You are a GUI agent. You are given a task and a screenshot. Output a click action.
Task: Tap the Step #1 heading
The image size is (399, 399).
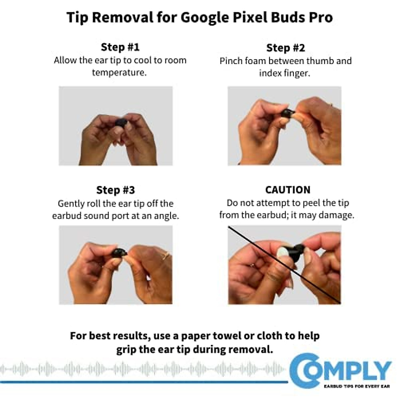coord(120,47)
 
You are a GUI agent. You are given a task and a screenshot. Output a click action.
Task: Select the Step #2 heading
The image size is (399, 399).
coord(285,48)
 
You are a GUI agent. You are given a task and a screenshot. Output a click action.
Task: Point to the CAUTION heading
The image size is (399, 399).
coord(288,190)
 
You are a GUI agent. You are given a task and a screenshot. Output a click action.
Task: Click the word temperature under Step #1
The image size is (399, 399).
coord(119,72)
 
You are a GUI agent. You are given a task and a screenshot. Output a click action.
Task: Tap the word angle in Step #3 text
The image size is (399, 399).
coord(166,216)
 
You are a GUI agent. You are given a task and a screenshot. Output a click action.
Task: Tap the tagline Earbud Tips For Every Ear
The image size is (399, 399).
coord(356,386)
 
